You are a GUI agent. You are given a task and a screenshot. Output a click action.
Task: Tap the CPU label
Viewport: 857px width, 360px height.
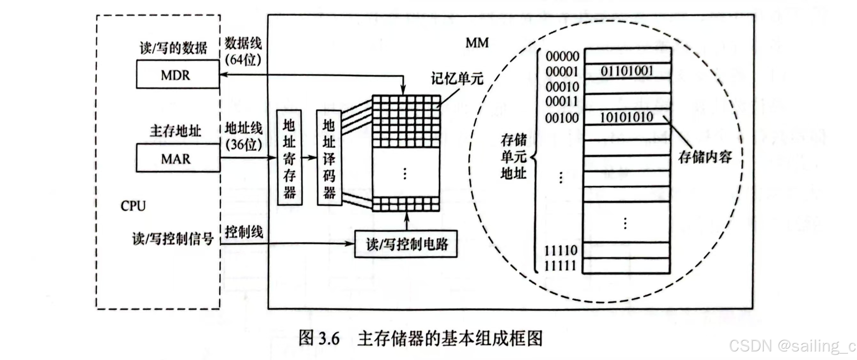click(x=133, y=206)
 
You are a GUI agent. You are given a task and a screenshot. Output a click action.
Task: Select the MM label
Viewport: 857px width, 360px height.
click(x=477, y=43)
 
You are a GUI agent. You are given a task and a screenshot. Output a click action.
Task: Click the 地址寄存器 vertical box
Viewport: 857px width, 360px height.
click(x=290, y=157)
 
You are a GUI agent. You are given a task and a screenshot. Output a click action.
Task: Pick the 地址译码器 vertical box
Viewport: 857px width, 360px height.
click(x=329, y=157)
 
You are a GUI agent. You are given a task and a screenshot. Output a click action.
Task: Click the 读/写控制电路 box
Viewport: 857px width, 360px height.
click(x=406, y=244)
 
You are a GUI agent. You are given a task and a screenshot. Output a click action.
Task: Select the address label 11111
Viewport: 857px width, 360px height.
click(x=560, y=265)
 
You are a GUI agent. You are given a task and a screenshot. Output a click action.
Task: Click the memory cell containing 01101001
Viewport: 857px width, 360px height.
click(x=627, y=71)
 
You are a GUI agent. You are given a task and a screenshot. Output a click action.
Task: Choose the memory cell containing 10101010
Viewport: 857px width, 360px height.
click(x=627, y=117)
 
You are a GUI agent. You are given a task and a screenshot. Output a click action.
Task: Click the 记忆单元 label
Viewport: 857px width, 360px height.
click(x=457, y=79)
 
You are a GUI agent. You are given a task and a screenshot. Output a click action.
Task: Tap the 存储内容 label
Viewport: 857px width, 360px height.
click(x=705, y=157)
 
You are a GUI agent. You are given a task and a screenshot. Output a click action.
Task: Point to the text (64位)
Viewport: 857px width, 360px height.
click(x=243, y=59)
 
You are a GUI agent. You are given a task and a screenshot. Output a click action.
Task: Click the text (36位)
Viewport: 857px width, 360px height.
click(x=244, y=144)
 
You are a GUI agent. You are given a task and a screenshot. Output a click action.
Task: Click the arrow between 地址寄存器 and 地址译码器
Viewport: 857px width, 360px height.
click(x=309, y=157)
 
